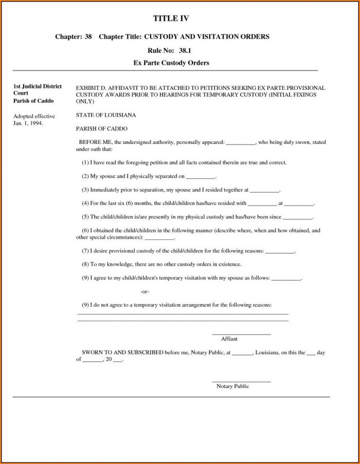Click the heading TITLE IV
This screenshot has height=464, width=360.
(x=171, y=18)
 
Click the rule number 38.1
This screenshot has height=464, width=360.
(x=185, y=50)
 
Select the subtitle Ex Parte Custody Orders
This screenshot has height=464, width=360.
(x=171, y=63)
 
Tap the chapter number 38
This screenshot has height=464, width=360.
(x=88, y=37)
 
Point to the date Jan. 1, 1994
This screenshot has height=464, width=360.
(x=28, y=124)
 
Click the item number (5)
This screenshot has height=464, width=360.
(x=85, y=217)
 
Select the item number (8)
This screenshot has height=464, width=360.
(x=85, y=264)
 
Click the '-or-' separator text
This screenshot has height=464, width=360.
(x=145, y=291)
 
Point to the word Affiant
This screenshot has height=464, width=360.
(x=229, y=339)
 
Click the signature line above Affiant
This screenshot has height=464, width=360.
(x=241, y=335)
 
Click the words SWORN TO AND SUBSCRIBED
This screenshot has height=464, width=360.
(x=122, y=353)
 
